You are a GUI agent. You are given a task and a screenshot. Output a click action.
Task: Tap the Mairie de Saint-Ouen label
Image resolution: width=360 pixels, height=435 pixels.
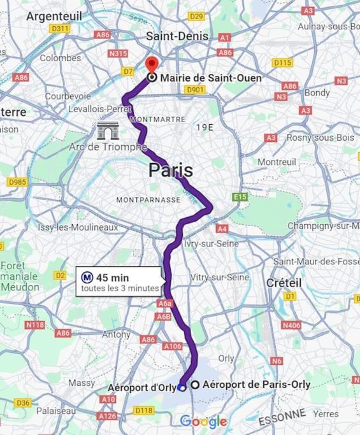pyautogui.click(x=210, y=78)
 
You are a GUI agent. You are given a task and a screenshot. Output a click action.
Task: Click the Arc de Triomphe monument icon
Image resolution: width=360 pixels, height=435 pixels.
pyautogui.click(x=108, y=131)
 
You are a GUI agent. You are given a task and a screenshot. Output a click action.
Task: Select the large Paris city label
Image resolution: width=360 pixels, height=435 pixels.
pyautogui.click(x=170, y=170)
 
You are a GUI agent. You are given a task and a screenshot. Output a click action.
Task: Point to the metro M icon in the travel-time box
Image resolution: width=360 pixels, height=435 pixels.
pyautogui.click(x=87, y=277)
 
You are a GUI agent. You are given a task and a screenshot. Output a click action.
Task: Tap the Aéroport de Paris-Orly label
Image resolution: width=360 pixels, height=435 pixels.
pyautogui.click(x=256, y=384)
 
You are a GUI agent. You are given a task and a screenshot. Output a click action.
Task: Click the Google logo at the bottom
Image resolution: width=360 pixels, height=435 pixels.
pyautogui.click(x=203, y=421)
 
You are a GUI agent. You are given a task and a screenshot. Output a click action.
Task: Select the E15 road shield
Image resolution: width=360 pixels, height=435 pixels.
pyautogui.click(x=240, y=197)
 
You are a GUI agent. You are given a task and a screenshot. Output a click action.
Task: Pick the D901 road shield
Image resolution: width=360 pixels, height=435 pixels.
pyautogui.click(x=194, y=90)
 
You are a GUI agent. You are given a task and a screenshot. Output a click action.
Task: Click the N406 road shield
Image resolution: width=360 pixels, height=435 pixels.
pyautogui.click(x=291, y=325)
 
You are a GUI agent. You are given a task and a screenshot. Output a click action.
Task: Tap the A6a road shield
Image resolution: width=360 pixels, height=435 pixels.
pyautogui.click(x=165, y=304)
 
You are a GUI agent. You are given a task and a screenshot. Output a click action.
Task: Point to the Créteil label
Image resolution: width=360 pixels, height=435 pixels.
pyautogui.click(x=284, y=282)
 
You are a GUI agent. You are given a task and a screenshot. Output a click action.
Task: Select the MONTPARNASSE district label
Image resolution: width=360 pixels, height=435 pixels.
pyautogui.click(x=148, y=199)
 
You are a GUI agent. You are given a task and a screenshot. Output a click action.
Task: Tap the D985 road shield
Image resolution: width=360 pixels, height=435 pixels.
pyautogui.click(x=17, y=182)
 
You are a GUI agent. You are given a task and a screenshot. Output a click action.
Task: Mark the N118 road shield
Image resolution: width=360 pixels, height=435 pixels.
pyautogui.click(x=34, y=325)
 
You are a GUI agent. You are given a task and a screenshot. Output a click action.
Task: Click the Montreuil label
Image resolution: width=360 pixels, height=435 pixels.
pyautogui.click(x=277, y=162)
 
